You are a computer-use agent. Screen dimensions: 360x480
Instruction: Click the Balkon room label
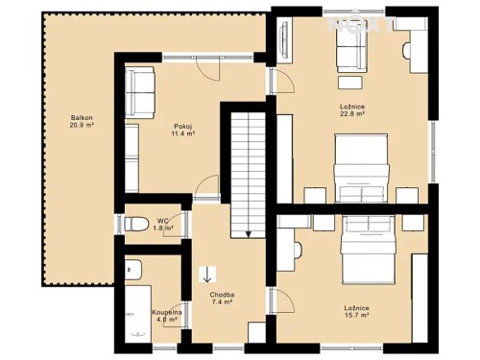tap(81, 118)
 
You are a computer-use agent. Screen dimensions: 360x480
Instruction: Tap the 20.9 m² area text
tap(81, 127)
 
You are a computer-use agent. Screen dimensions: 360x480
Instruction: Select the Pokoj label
tap(182, 126)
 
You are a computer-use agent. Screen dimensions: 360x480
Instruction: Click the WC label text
tap(163, 220)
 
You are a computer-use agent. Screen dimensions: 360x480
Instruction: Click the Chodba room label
tap(223, 294)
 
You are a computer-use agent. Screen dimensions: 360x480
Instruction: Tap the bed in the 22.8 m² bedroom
tap(362, 167)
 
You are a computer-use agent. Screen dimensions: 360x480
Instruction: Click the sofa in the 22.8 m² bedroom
tap(351, 54)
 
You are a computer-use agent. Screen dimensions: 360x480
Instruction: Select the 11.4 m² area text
tap(182, 134)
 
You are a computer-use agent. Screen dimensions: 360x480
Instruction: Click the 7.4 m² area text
tap(223, 302)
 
